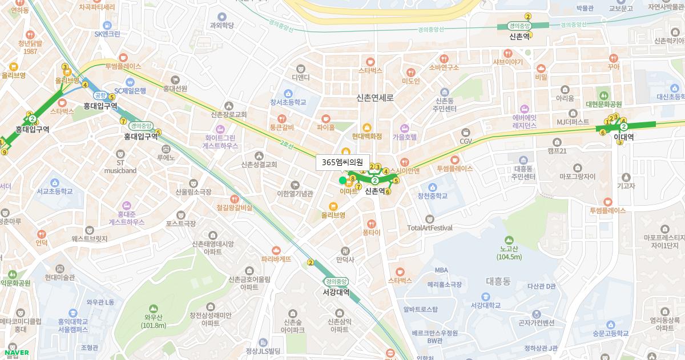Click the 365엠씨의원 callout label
(342, 162)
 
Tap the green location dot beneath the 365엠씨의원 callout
(342, 181)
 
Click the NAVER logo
(14, 352)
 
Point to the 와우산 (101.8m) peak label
(154, 321)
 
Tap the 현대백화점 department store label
(366, 137)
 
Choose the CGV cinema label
(466, 141)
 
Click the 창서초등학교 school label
(288, 102)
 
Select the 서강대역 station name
(336, 292)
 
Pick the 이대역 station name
(624, 137)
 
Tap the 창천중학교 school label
(432, 195)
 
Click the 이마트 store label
(348, 191)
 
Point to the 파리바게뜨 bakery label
(276, 259)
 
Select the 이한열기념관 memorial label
(295, 194)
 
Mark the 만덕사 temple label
(345, 259)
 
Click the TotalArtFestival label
(430, 227)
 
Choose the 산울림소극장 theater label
(194, 192)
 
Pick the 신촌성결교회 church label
(259, 165)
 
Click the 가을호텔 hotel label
(405, 137)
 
